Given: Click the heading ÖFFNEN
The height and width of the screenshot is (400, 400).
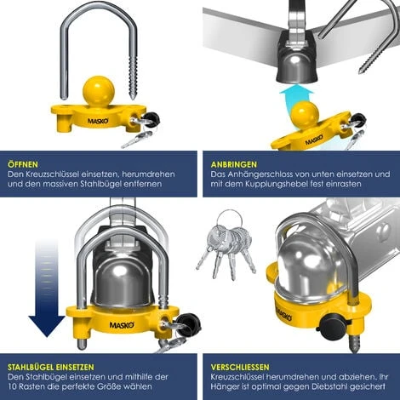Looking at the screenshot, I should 24,164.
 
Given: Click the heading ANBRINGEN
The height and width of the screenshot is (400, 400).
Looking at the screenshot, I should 235,164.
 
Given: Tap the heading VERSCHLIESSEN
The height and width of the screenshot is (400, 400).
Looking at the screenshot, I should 247,367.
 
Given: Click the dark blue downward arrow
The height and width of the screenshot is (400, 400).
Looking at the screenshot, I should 46,289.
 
